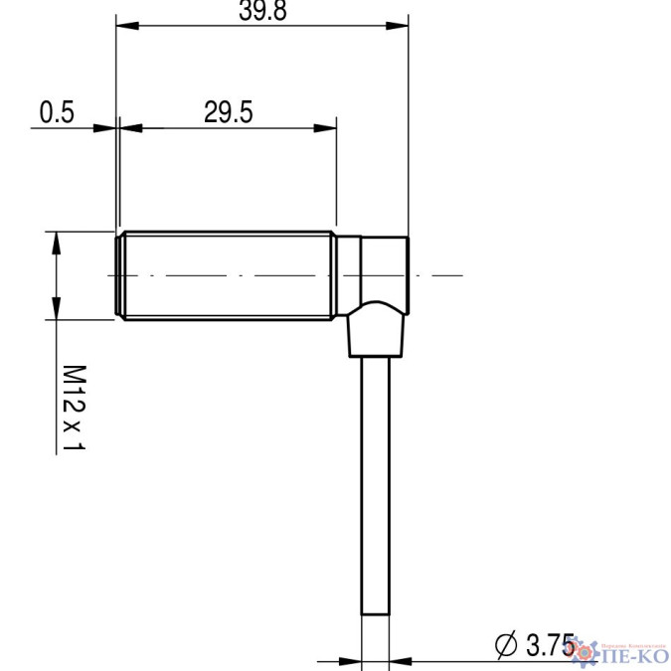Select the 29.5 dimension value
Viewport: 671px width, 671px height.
(x=228, y=112)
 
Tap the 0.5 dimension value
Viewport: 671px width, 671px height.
(x=57, y=112)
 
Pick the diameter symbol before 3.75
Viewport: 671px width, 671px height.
(x=506, y=644)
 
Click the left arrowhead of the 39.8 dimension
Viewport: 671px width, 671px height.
(x=124, y=26)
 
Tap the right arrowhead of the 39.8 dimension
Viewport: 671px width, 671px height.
(x=400, y=26)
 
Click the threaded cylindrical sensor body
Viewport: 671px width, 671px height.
(x=229, y=274)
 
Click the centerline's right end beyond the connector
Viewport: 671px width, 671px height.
(x=459, y=274)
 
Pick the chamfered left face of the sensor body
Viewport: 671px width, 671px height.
(x=120, y=274)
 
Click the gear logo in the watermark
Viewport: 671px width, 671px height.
(x=586, y=650)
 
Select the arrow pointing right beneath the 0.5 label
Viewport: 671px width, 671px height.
(x=105, y=126)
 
